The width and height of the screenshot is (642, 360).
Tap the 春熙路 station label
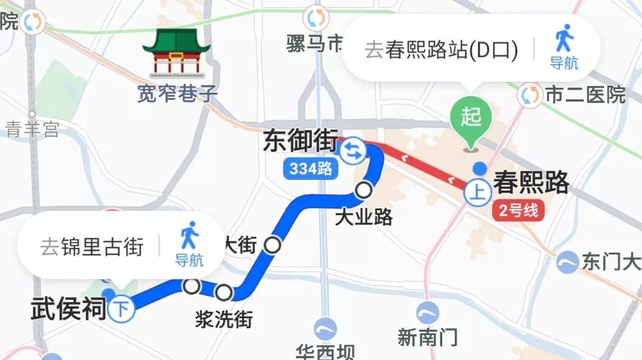click(x=531, y=183)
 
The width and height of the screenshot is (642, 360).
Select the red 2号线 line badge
click(x=518, y=211)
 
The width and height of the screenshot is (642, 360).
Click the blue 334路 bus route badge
click(x=310, y=169)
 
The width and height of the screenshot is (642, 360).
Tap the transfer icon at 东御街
click(x=353, y=150)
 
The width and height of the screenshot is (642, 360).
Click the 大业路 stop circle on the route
click(x=364, y=191)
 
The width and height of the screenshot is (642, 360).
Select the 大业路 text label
click(x=364, y=217)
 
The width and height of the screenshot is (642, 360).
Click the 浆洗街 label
click(x=224, y=319)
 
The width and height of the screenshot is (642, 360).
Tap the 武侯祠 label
click(x=68, y=310)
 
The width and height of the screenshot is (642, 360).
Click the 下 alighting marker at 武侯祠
click(x=123, y=310)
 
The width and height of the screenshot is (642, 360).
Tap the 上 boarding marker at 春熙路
click(x=477, y=192)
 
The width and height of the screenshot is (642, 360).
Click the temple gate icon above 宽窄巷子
click(x=176, y=53)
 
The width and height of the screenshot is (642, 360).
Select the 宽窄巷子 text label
click(x=177, y=93)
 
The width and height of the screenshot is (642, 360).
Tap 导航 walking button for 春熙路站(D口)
click(x=564, y=47)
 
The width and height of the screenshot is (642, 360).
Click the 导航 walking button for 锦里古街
click(x=189, y=244)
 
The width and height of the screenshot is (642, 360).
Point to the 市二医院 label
click(x=586, y=95)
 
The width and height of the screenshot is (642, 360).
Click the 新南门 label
click(x=427, y=337)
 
